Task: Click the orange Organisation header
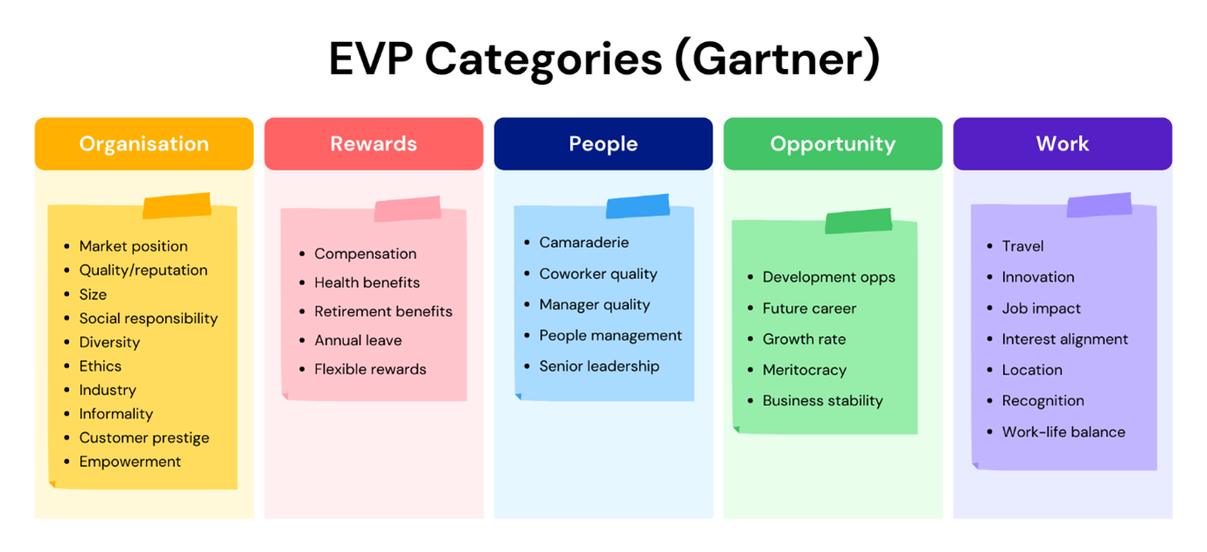pos(144,143)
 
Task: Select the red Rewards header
pos(374,143)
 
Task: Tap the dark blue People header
pos(603,143)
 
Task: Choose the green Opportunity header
pos(832,143)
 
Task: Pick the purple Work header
pos(1062,143)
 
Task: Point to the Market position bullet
pos(133,246)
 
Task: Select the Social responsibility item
pos(148,318)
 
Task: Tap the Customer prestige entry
pos(144,437)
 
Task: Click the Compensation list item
pos(365,254)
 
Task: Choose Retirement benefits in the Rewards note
pos(383,311)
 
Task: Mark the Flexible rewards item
pos(370,369)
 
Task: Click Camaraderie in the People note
pos(584,242)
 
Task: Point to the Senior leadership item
pos(599,366)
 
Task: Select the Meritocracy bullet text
pos(804,370)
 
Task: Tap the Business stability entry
pos(823,401)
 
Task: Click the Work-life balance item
pos(1063,431)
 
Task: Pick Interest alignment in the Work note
pos(1064,339)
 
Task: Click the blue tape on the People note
pos(638,207)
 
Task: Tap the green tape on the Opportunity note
pos(858,221)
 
